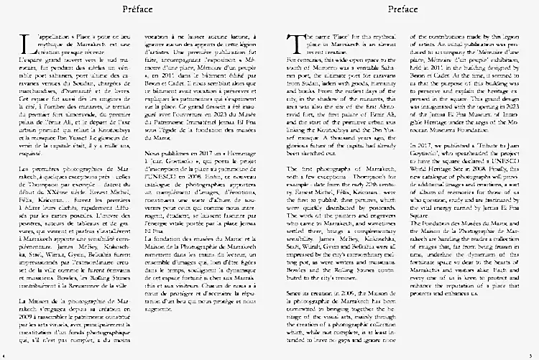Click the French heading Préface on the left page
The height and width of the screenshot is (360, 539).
(137, 9)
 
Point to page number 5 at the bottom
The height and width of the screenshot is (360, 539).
(534, 354)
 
